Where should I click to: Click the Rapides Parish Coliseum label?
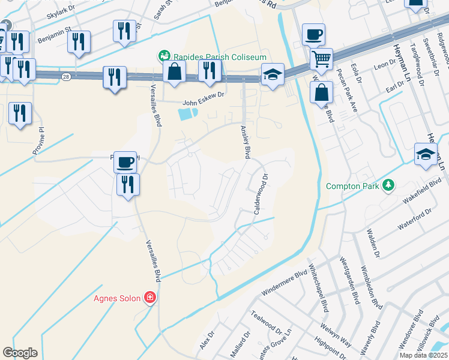coord(220,56)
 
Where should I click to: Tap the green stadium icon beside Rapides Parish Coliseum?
coord(163,56)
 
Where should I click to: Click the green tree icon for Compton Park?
coord(388,185)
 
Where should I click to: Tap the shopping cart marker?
coord(322,59)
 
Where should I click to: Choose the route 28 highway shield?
coord(65,76)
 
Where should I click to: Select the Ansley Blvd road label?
coord(245,142)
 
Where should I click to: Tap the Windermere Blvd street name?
coord(285,283)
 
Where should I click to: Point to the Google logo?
coord(20,353)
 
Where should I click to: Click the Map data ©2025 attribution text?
coord(423,355)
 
